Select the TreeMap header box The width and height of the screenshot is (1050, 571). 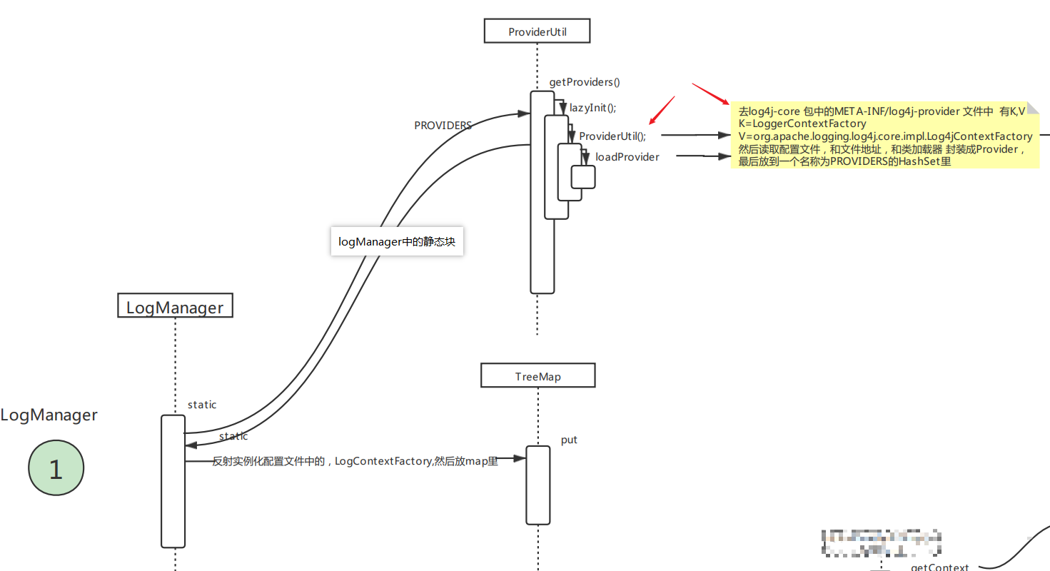pos(537,376)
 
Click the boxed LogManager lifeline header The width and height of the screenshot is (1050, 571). pos(175,307)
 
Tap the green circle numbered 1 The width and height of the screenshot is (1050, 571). pos(56,469)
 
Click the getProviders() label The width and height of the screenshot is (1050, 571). pos(585,82)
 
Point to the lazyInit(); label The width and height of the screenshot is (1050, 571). pos(592,108)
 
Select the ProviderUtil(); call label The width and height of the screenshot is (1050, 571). pos(612,136)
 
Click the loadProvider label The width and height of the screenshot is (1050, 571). pos(627,156)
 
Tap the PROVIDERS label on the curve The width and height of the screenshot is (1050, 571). pos(443,125)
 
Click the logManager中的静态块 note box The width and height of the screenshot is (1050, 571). pos(397,242)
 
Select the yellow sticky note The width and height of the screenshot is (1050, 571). pos(884,136)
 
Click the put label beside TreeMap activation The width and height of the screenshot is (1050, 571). pos(569,440)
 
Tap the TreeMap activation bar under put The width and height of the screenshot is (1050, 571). pos(538,485)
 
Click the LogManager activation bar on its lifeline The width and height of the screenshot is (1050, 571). pos(173,481)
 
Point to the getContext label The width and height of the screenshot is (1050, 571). pos(939,567)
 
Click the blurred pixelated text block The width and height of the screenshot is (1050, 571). pos(881,545)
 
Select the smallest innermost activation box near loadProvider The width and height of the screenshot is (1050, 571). pos(583,177)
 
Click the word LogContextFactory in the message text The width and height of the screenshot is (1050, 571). pos(383,461)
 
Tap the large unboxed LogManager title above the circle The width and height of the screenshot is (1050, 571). pos(49,415)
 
